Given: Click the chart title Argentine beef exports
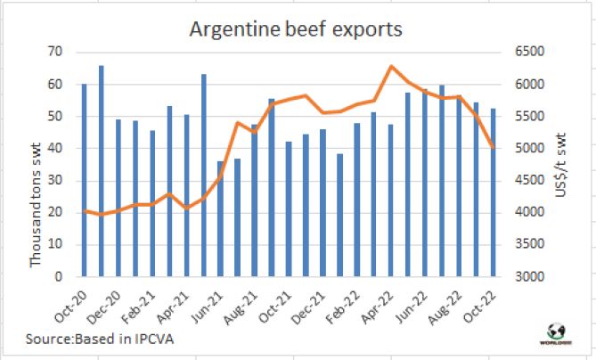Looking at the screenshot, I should [x=296, y=29].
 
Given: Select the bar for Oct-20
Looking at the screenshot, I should [x=85, y=178].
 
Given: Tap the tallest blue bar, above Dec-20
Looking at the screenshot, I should [x=102, y=169].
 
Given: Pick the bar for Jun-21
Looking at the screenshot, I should [x=220, y=218].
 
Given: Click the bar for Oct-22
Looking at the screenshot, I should [x=493, y=192].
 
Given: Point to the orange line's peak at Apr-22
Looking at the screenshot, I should [x=391, y=67].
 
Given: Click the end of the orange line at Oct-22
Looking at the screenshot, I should [x=493, y=148].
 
